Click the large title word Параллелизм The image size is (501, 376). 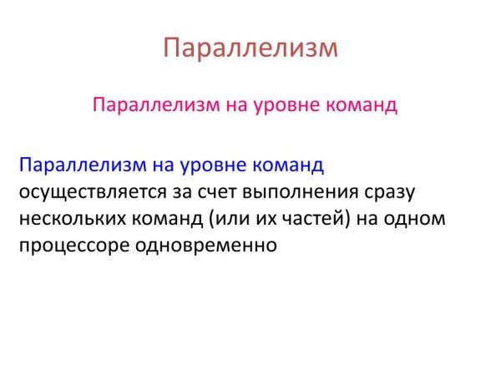[x=250, y=47]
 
